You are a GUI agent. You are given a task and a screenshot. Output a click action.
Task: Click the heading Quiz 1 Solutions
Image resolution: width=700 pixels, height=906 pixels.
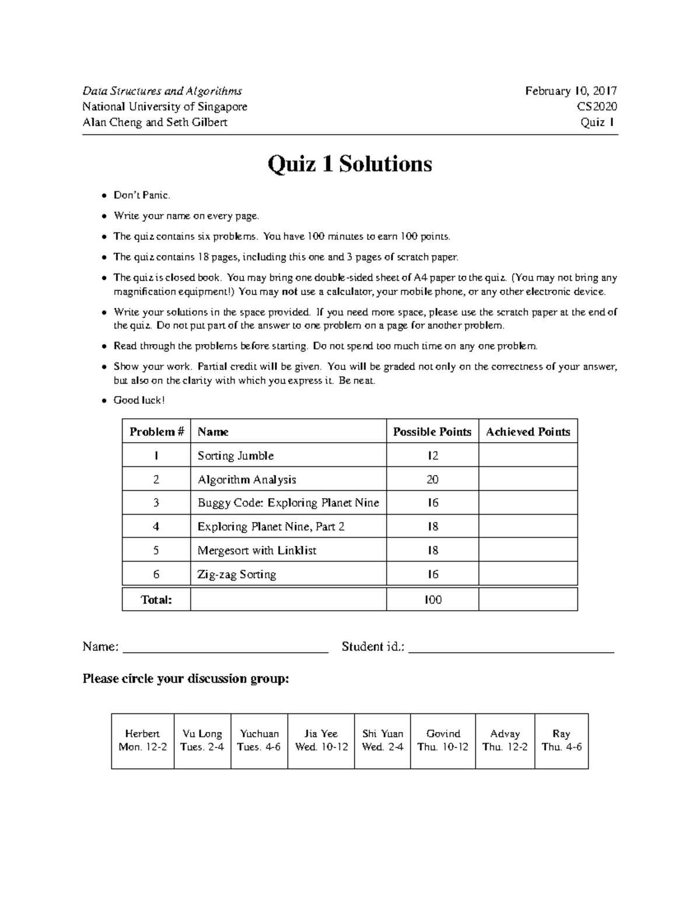[349, 164]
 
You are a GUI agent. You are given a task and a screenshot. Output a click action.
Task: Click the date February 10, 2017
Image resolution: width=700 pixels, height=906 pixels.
[570, 91]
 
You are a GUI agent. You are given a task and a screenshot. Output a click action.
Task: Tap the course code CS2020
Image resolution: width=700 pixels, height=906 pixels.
[597, 107]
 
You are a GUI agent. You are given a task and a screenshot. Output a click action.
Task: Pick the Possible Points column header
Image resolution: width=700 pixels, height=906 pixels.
[432, 432]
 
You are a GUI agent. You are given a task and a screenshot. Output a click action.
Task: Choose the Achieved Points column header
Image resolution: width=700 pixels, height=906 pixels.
[527, 432]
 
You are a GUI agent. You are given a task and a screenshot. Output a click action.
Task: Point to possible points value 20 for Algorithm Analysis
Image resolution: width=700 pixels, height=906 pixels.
[432, 480]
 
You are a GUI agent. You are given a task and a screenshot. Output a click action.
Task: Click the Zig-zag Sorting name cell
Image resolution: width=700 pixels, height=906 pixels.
[237, 574]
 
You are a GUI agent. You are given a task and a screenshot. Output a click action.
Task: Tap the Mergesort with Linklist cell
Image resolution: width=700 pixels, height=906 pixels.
[257, 550]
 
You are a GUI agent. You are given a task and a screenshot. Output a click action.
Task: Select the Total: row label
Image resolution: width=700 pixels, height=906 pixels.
[156, 599]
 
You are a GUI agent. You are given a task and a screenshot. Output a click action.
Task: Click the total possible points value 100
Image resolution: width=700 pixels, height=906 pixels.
[432, 599]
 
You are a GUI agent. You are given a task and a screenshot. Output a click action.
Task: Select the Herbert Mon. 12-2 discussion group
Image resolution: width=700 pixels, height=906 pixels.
[142, 740]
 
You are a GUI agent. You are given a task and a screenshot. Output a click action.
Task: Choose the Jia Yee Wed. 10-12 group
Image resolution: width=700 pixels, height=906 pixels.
[321, 740]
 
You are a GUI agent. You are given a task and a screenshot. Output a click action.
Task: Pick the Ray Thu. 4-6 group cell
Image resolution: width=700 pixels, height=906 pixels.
[561, 740]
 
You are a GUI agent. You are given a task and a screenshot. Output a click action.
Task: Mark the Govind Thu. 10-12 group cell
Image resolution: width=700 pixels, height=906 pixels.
[443, 740]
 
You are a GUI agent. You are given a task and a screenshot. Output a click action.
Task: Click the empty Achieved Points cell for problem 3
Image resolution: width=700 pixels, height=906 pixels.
[527, 503]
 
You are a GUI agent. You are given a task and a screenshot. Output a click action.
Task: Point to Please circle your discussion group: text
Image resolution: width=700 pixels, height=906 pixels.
[185, 679]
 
